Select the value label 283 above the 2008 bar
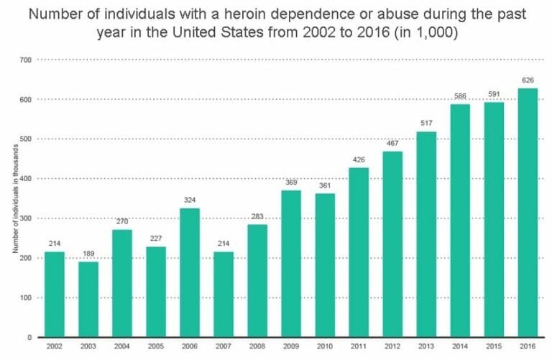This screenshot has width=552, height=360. point(257,217)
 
